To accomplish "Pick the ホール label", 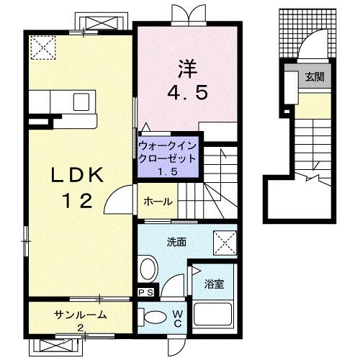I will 157,202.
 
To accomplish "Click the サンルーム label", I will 81,315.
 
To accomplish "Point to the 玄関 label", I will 314,77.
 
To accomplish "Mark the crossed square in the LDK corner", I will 45,50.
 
